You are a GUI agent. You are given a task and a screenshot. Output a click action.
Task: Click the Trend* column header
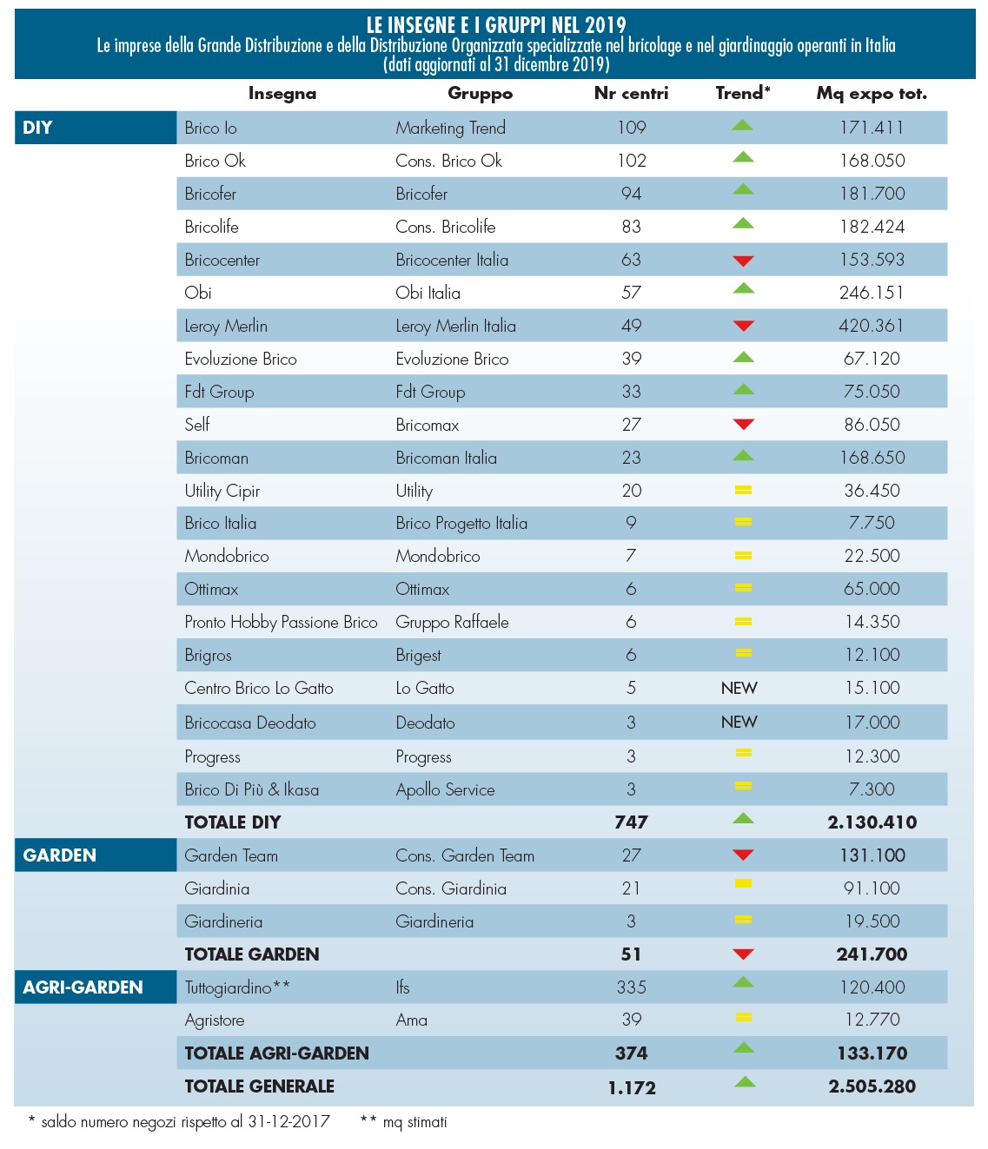click(x=742, y=94)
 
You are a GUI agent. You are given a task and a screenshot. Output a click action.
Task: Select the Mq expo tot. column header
click(x=871, y=94)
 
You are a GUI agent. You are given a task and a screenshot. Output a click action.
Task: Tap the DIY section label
click(x=38, y=128)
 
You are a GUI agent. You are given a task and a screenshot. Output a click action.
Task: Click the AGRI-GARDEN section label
click(x=83, y=987)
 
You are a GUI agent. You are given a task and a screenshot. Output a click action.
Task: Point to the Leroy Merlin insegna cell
click(x=226, y=327)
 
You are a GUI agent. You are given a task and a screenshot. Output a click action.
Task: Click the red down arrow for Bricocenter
click(x=742, y=261)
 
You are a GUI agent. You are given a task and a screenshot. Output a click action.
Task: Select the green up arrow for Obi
click(x=742, y=289)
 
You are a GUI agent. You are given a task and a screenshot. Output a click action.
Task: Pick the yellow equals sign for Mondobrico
click(x=742, y=556)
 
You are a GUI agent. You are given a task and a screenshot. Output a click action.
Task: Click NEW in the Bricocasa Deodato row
click(x=739, y=723)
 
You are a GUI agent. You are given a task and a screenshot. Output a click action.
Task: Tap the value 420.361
click(x=872, y=326)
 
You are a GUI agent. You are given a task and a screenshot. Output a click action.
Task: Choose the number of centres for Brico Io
click(x=632, y=128)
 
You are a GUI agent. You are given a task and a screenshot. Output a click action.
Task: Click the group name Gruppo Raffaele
click(x=452, y=623)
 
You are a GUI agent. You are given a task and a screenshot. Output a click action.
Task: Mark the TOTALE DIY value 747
click(x=631, y=822)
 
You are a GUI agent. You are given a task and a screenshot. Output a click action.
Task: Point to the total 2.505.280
click(x=872, y=1086)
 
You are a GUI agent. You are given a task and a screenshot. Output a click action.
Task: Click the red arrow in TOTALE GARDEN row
click(x=742, y=954)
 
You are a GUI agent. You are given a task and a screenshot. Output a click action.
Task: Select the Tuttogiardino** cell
click(x=237, y=987)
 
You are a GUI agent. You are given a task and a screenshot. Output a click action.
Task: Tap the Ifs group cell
click(x=402, y=987)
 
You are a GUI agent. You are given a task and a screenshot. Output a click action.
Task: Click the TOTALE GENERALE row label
click(x=259, y=1086)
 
